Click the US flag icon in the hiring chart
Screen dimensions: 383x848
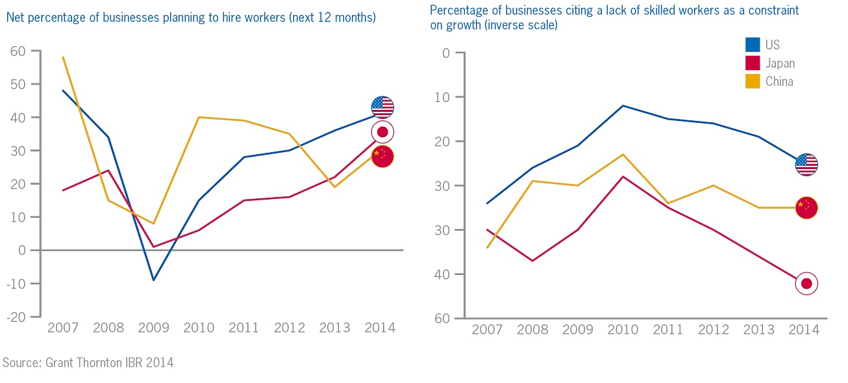(x=382, y=107)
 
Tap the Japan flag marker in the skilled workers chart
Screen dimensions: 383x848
(x=806, y=284)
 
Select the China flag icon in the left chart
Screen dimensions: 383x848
(x=382, y=156)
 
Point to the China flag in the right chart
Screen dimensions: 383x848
(x=806, y=207)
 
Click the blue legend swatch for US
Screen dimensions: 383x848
(x=753, y=45)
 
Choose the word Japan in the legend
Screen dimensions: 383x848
(x=780, y=63)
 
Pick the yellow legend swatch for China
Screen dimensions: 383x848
(x=753, y=82)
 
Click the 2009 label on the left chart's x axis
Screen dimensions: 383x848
(x=153, y=327)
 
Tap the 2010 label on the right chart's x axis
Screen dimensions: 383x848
(x=622, y=330)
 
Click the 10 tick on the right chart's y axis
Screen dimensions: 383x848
(x=442, y=97)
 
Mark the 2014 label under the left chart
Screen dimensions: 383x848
(x=380, y=327)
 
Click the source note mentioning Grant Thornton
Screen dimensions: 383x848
(x=88, y=362)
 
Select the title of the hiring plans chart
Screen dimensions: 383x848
(x=191, y=18)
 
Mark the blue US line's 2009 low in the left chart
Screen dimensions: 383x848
(x=153, y=280)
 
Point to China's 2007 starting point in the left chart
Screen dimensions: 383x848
(x=63, y=57)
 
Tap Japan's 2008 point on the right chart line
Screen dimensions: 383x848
(x=532, y=261)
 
